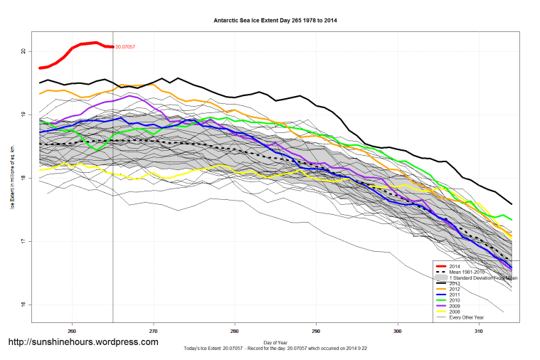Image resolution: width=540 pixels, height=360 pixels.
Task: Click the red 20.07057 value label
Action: [x=125, y=47]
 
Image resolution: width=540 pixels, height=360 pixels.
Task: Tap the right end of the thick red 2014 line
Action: [x=112, y=47]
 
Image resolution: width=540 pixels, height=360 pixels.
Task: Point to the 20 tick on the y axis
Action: [x=23, y=51]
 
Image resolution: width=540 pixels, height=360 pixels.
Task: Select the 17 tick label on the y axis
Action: [x=23, y=242]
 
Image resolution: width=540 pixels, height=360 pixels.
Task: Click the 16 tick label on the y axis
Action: [x=23, y=305]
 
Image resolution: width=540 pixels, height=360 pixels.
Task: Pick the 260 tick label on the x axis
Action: [x=72, y=331]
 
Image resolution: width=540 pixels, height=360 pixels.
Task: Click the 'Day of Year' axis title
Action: [x=275, y=343]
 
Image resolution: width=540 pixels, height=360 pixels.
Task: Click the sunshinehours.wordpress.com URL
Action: [x=83, y=342]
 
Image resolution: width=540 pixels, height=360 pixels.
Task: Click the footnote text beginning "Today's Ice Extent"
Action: [x=275, y=349]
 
